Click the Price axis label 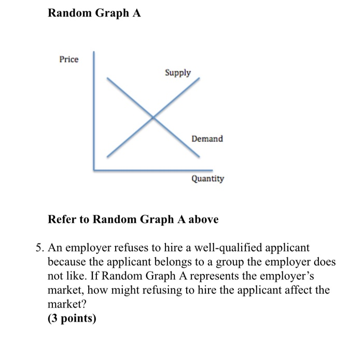(69, 59)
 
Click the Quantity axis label (207, 179)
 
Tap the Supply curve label (178, 73)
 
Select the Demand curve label (207, 139)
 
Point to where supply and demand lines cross (153, 118)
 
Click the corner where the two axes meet (94, 169)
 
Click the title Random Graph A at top (94, 13)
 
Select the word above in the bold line (203, 219)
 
